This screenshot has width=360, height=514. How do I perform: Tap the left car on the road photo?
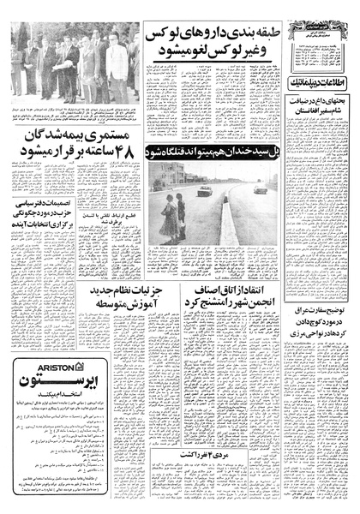[206, 190]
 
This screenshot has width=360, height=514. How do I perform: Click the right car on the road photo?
[259, 188]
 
